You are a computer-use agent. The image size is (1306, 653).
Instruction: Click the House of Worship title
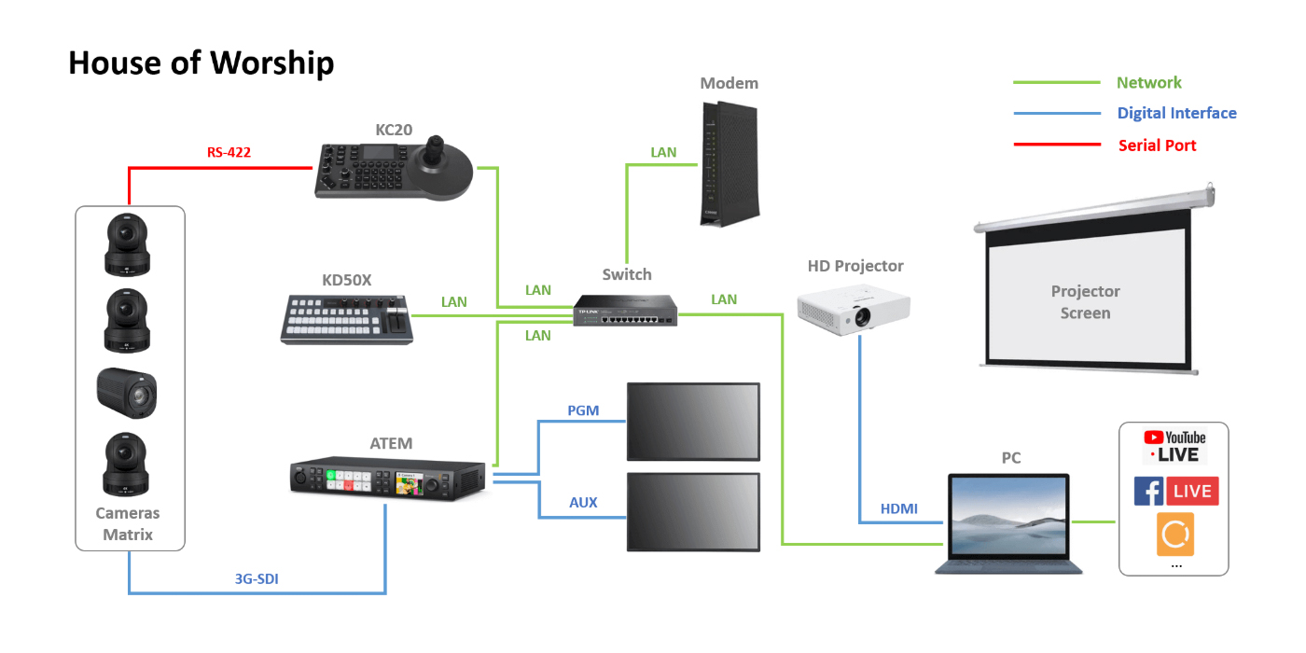tap(201, 63)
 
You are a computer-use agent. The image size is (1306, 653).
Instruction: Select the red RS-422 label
tap(229, 152)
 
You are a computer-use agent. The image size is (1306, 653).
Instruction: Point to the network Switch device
tap(626, 311)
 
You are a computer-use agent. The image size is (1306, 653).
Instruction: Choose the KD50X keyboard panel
tap(346, 320)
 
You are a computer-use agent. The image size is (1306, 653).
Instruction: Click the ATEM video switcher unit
tap(387, 479)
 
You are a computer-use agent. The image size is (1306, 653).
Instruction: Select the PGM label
tap(583, 410)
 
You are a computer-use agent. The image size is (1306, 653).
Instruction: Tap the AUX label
tap(583, 503)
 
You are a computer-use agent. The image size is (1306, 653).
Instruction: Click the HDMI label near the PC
tap(898, 508)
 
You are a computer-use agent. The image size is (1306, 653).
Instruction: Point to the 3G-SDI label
tap(257, 579)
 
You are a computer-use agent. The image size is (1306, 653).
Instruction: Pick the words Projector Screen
tap(1085, 302)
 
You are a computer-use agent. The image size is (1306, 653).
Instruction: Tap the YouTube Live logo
tap(1174, 446)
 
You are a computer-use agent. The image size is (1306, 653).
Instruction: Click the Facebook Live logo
tap(1175, 491)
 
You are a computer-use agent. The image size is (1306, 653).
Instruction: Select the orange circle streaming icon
tap(1175, 535)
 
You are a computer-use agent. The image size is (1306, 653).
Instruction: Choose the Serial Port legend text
tap(1157, 145)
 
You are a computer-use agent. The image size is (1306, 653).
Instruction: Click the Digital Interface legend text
tap(1176, 113)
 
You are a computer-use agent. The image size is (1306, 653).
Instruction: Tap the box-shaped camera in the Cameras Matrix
tap(127, 393)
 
